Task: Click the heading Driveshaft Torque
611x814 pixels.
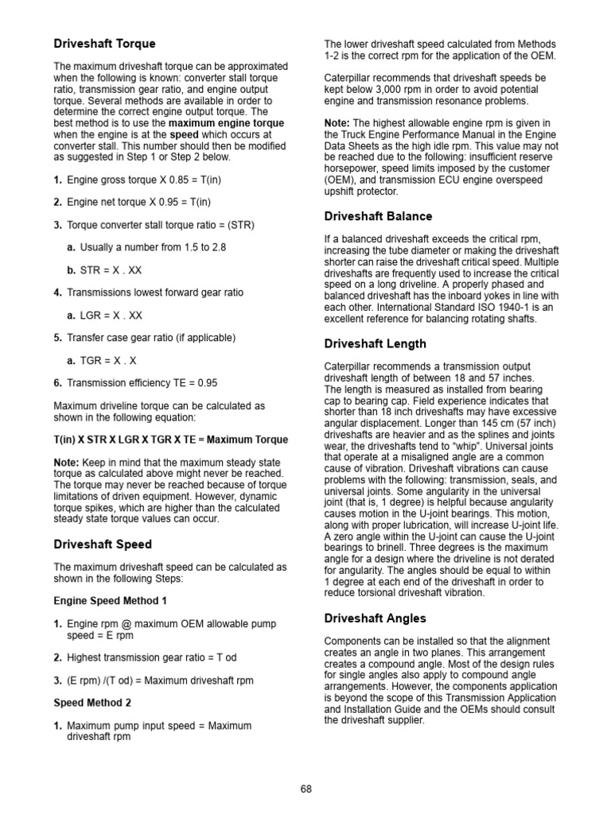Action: (x=104, y=44)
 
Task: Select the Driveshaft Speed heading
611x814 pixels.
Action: (x=103, y=545)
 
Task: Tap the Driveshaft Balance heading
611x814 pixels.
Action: (x=378, y=216)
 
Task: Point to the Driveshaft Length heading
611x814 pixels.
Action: (x=376, y=343)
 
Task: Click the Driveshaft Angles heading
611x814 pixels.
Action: (x=376, y=618)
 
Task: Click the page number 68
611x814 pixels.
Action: (x=305, y=789)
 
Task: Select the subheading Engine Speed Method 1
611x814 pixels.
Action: (x=111, y=601)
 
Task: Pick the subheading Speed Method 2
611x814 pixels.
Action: (x=92, y=703)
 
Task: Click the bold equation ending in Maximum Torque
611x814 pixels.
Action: (x=171, y=440)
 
